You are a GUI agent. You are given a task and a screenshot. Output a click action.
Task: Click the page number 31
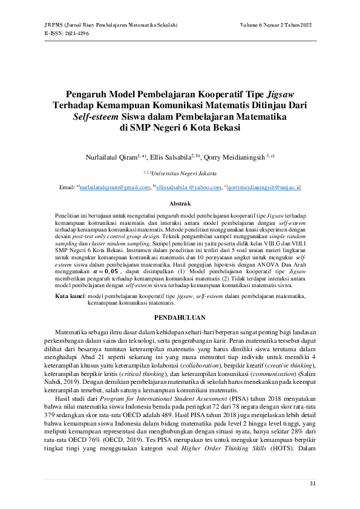tap(312, 483)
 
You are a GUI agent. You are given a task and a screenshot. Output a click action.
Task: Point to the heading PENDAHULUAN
tap(180, 317)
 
